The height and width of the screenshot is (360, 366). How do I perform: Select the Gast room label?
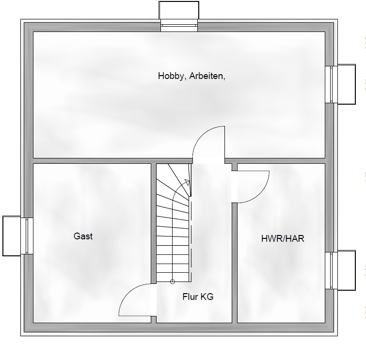[x=83, y=236]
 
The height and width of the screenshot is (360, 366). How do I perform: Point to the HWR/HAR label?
[x=283, y=238]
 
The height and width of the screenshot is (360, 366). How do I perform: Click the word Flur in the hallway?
[x=190, y=297]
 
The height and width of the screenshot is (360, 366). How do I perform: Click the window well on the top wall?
[x=179, y=10]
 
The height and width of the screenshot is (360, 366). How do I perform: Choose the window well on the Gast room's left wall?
[x=12, y=235]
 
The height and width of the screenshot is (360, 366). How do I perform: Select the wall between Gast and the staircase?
[x=153, y=242]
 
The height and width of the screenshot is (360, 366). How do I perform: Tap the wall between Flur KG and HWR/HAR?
[x=234, y=262]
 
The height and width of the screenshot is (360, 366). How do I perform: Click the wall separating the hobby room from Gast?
[x=92, y=160]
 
